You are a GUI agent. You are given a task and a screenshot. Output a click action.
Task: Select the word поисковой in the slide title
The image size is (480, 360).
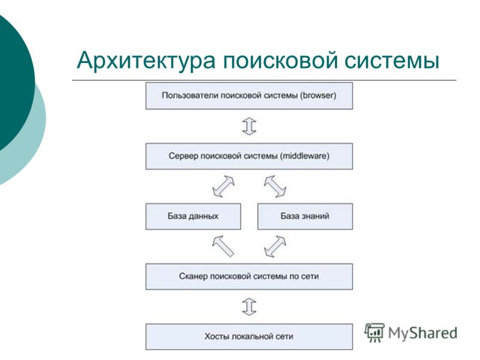280,61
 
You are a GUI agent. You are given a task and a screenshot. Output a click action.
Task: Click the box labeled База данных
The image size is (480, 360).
193,216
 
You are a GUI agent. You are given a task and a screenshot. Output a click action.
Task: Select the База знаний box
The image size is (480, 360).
305,216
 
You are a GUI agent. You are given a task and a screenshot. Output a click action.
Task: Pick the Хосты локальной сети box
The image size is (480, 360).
249,337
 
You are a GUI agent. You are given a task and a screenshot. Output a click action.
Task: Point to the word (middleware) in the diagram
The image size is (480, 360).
305,156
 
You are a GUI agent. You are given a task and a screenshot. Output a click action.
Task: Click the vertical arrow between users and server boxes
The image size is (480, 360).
249,126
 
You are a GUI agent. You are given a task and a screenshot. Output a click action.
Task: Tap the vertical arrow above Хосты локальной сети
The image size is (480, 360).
249,307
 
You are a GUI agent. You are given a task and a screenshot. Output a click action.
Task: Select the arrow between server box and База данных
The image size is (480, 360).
223,186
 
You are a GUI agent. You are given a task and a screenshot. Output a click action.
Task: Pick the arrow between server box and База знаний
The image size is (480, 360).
275,186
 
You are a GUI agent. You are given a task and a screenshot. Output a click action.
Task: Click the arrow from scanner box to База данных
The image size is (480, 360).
223,246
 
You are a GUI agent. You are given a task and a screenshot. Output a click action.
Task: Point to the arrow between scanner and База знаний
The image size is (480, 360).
275,246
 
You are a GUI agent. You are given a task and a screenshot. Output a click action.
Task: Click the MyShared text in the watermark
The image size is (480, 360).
422,333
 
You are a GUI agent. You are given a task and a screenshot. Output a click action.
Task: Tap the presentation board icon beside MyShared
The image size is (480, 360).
374,332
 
